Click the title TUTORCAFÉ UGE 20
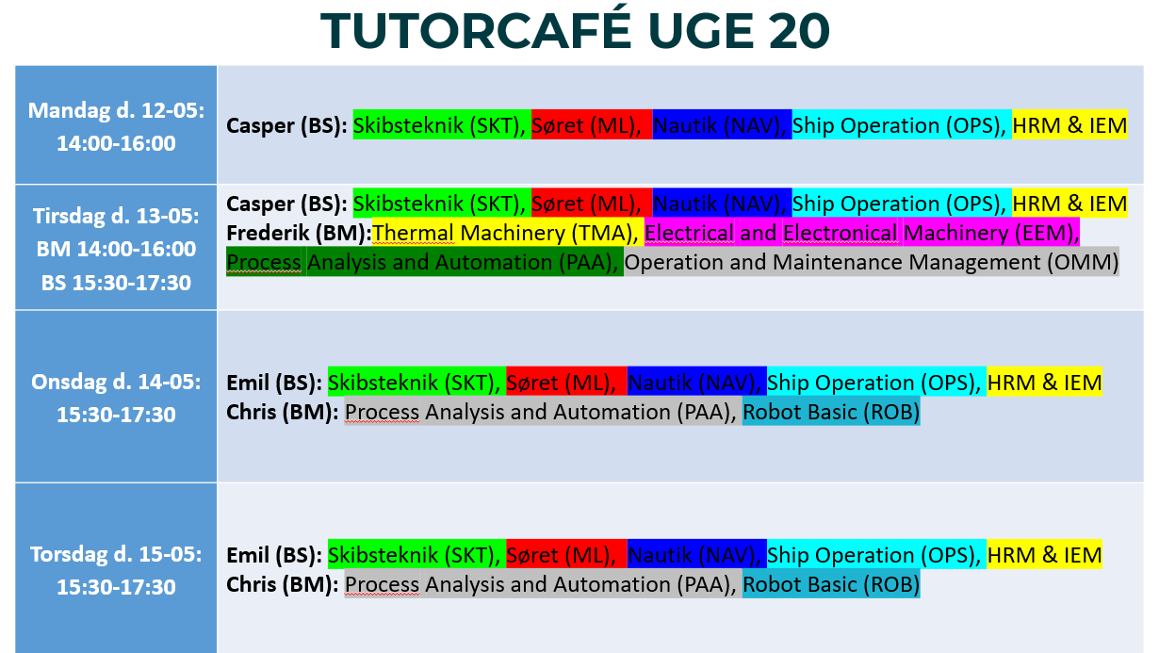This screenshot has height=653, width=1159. click(x=575, y=30)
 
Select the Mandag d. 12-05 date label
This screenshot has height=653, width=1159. click(x=116, y=111)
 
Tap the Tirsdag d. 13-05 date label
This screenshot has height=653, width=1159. click(x=116, y=217)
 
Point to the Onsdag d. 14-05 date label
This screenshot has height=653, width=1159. click(x=116, y=383)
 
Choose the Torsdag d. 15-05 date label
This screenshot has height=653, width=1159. click(x=116, y=555)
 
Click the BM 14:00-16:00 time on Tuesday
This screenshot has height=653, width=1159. click(x=116, y=250)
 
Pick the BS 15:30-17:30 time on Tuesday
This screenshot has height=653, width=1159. click(x=116, y=283)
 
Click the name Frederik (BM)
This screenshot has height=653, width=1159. click(x=299, y=233)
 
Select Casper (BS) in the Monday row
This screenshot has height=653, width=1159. click(x=286, y=125)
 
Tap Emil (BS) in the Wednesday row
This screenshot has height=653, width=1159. click(x=274, y=383)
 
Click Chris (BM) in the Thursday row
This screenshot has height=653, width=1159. click(x=283, y=585)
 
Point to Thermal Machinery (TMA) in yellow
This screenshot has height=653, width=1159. click(x=505, y=233)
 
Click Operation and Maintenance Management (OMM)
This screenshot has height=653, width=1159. click(x=872, y=262)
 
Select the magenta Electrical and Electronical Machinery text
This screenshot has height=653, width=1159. click(x=862, y=233)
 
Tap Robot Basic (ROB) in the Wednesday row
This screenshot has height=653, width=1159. click(x=831, y=412)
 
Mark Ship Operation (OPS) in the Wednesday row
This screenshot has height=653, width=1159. click(x=873, y=383)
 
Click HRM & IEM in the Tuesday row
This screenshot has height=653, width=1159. click(x=1069, y=204)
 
